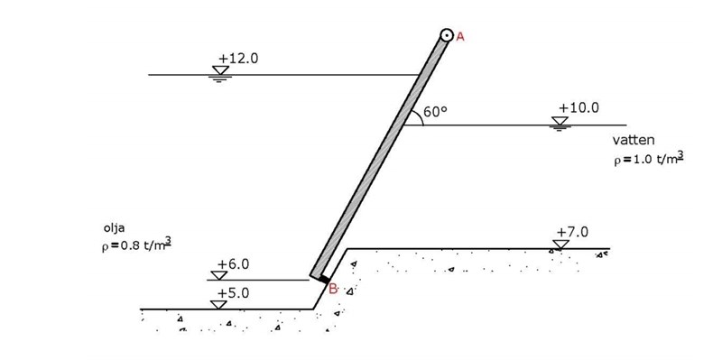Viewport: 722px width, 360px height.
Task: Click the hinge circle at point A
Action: (447, 35)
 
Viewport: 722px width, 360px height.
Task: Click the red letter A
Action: (460, 37)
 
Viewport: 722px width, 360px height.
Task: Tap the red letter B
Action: (333, 289)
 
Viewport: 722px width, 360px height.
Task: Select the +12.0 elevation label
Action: (238, 59)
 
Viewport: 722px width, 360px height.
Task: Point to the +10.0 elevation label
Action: (579, 108)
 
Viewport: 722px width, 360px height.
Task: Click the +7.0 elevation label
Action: (572, 233)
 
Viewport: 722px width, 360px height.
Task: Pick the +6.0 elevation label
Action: (233, 264)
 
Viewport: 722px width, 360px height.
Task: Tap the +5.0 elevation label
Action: (233, 294)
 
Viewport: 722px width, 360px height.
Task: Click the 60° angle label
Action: (435, 112)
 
